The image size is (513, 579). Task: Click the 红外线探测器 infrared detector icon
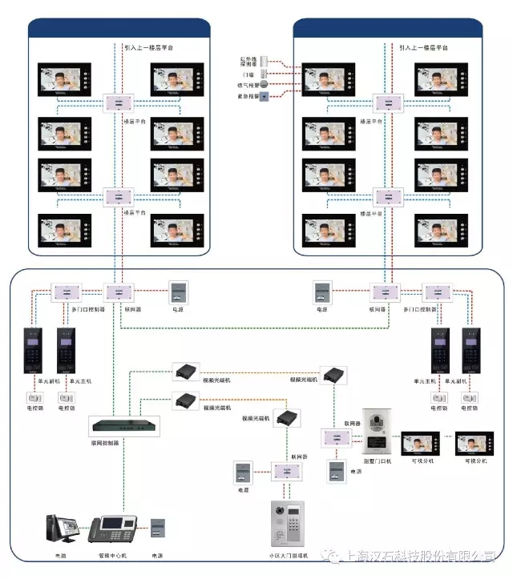point(273,62)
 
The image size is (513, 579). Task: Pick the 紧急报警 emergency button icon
point(275,96)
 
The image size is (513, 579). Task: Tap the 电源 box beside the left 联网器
point(176,292)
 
